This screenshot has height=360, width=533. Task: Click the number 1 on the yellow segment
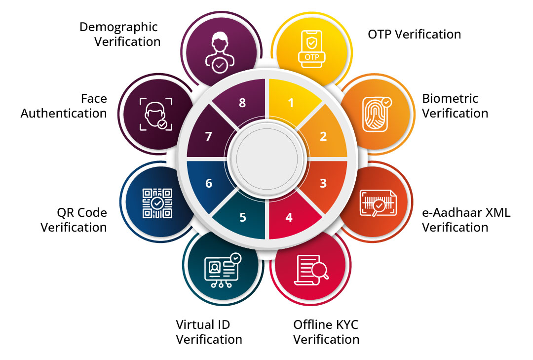(x=291, y=103)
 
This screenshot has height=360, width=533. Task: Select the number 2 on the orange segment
(x=323, y=136)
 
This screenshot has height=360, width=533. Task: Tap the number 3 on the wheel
(x=323, y=183)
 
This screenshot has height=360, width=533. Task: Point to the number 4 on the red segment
(x=290, y=217)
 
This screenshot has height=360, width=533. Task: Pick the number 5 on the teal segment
(x=243, y=217)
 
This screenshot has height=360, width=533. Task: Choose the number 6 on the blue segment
(x=209, y=183)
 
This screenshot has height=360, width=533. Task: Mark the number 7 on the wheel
(x=209, y=136)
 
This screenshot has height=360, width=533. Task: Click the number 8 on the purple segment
(x=242, y=103)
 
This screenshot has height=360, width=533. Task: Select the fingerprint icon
(x=377, y=114)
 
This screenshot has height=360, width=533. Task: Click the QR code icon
(x=157, y=203)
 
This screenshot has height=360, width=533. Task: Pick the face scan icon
(x=156, y=114)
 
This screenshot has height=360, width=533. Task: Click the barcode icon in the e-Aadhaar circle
(x=378, y=203)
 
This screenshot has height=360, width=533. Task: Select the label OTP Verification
(x=414, y=34)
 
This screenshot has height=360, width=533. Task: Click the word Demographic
(x=118, y=26)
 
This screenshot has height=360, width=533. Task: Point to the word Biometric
(x=450, y=98)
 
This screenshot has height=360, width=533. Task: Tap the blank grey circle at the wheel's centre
(x=266, y=158)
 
